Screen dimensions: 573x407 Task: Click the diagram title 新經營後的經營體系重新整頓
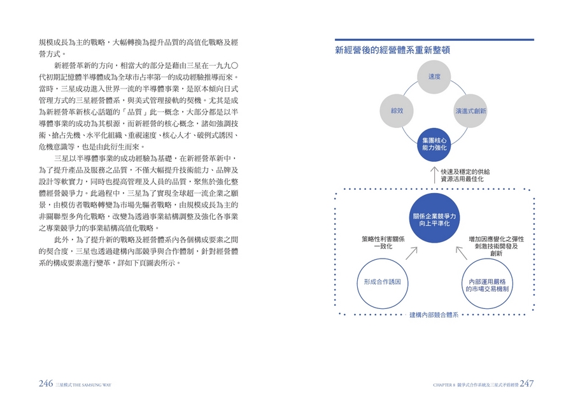pyautogui.click(x=392, y=50)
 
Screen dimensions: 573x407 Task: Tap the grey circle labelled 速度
pyautogui.click(x=434, y=77)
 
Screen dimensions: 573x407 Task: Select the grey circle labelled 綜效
pyautogui.click(x=397, y=111)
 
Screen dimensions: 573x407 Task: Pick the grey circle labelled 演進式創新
pyautogui.click(x=470, y=111)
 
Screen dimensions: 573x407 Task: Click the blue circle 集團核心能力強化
pyautogui.click(x=434, y=144)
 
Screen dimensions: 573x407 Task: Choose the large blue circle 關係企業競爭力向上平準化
pyautogui.click(x=434, y=218)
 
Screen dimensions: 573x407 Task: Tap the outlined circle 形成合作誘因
pyautogui.click(x=382, y=283)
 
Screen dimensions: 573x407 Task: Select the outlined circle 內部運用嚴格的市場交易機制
pyautogui.click(x=487, y=283)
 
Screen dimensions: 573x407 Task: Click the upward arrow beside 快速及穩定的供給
pyautogui.click(x=434, y=175)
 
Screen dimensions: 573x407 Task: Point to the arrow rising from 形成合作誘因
pyautogui.click(x=411, y=253)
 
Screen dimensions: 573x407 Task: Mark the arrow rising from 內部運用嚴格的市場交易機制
pyautogui.click(x=462, y=253)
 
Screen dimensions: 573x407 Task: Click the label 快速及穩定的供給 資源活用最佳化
pyautogui.click(x=465, y=175)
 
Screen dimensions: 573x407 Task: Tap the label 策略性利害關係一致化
pyautogui.click(x=383, y=243)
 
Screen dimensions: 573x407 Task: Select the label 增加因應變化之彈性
pyautogui.click(x=496, y=239)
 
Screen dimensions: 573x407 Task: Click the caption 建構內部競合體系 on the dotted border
pyautogui.click(x=434, y=315)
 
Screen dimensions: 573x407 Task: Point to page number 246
pyautogui.click(x=46, y=383)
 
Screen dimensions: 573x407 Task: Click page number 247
pyautogui.click(x=527, y=383)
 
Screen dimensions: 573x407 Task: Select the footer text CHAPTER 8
pyautogui.click(x=444, y=385)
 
